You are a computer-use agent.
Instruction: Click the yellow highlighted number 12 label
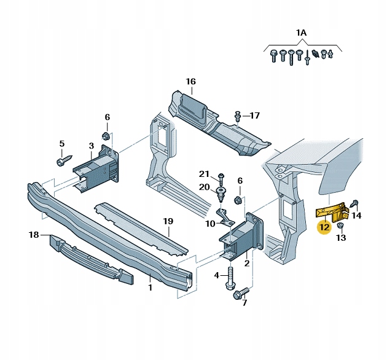click(324, 227)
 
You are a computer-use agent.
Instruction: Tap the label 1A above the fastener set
click(300, 32)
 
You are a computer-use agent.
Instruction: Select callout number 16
click(190, 82)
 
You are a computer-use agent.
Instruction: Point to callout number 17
click(255, 115)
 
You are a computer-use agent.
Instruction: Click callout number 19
click(168, 221)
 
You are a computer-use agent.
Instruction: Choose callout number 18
click(34, 235)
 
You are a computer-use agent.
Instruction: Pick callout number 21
click(205, 174)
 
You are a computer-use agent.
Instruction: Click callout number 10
click(210, 223)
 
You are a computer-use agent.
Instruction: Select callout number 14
click(357, 215)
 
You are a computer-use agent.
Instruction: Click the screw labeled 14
click(355, 204)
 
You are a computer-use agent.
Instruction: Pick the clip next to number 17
click(238, 115)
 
